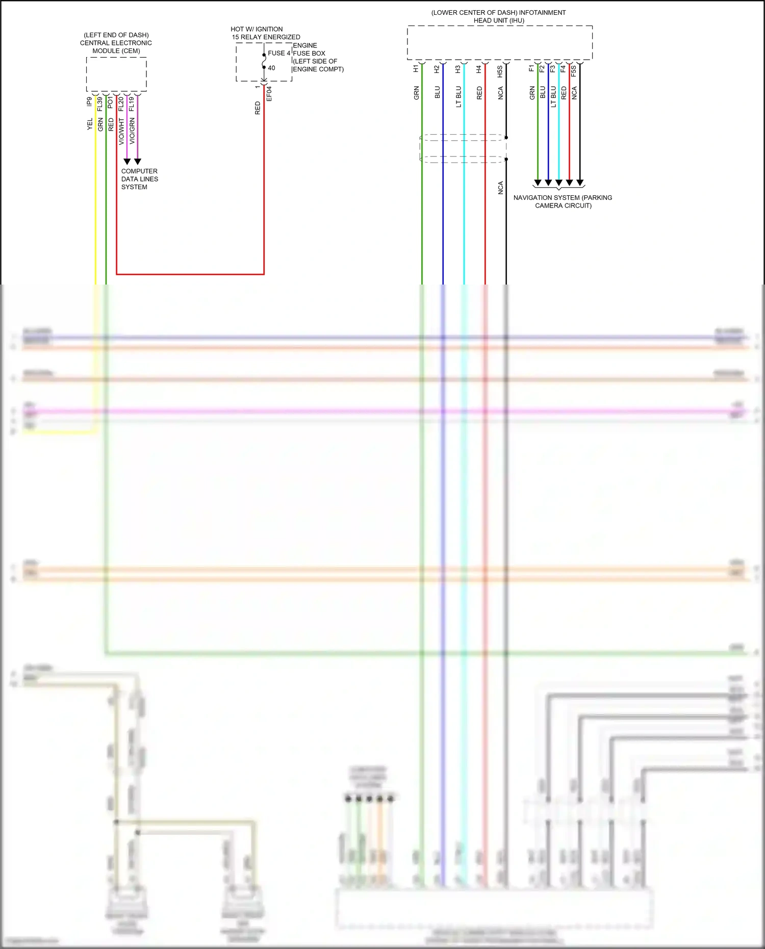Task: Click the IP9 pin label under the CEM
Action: [90, 101]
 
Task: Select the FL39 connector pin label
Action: [100, 104]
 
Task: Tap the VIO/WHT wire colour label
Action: [121, 132]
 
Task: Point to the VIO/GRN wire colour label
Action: [132, 131]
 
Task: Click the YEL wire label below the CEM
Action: [90, 124]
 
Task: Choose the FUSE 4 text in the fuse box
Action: [279, 53]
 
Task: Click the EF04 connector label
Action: [269, 94]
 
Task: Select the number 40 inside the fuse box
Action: [271, 68]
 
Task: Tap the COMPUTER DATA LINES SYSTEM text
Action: [139, 179]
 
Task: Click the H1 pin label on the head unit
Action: [416, 68]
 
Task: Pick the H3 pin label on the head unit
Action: [458, 69]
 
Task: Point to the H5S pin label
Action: [500, 71]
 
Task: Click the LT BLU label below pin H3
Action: [458, 96]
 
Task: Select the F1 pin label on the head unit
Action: [531, 68]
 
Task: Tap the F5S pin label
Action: [574, 71]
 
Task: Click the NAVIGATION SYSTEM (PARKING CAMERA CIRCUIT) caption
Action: [563, 201]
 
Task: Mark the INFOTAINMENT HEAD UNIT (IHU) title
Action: [498, 16]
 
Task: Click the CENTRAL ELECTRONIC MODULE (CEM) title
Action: [116, 43]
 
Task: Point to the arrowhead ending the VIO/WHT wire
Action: [127, 161]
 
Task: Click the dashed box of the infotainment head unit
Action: [499, 43]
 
